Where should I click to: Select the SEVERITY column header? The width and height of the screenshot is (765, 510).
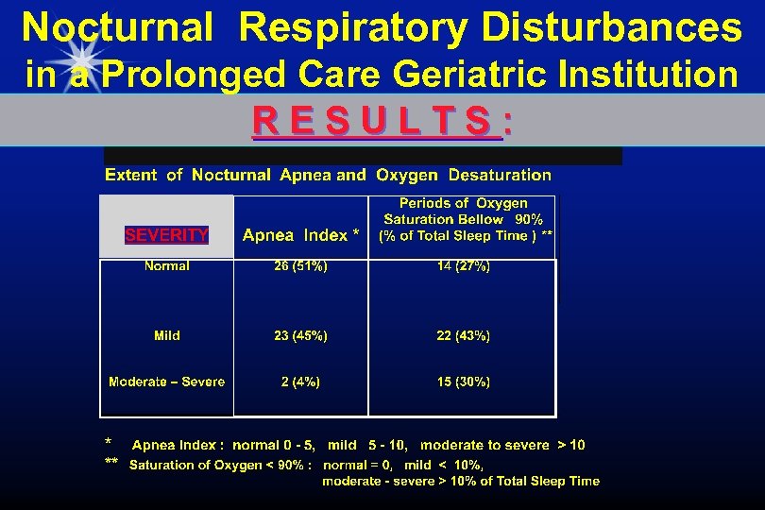point(167,235)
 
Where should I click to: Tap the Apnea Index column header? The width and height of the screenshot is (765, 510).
point(300,235)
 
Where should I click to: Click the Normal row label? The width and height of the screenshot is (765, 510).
point(167,266)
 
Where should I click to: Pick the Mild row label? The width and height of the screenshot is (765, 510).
point(167,335)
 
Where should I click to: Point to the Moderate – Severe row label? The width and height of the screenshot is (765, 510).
point(167,382)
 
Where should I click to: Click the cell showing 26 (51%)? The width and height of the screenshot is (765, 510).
point(300,266)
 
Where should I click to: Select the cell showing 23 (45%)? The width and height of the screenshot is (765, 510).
point(300,335)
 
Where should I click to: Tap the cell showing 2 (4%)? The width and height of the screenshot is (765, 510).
point(300,382)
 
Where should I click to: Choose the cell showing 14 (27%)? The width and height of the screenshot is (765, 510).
point(463,266)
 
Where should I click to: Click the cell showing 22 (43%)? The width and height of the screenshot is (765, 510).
point(463,335)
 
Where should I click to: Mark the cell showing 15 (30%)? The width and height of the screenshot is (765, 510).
point(463,382)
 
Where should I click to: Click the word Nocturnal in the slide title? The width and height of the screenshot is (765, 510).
point(117,28)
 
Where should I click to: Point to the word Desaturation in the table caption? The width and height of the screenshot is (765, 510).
point(500,175)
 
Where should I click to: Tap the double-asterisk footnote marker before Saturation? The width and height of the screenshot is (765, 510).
point(111,464)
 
